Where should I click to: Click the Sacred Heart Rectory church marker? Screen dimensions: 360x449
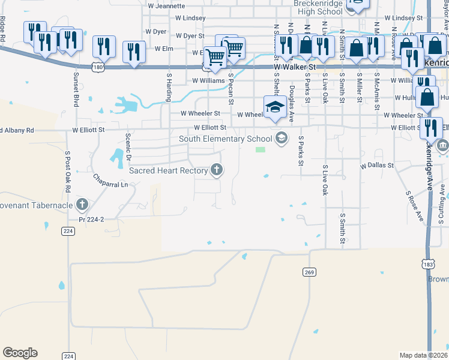tap(217, 170)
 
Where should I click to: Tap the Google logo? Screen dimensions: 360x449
tap(20, 353)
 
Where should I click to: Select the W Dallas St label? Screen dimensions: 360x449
tap(376, 165)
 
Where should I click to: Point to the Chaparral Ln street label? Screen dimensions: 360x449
tap(111, 181)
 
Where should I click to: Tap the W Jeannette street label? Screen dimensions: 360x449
tap(166, 6)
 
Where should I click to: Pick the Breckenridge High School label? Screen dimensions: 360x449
tap(318, 7)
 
